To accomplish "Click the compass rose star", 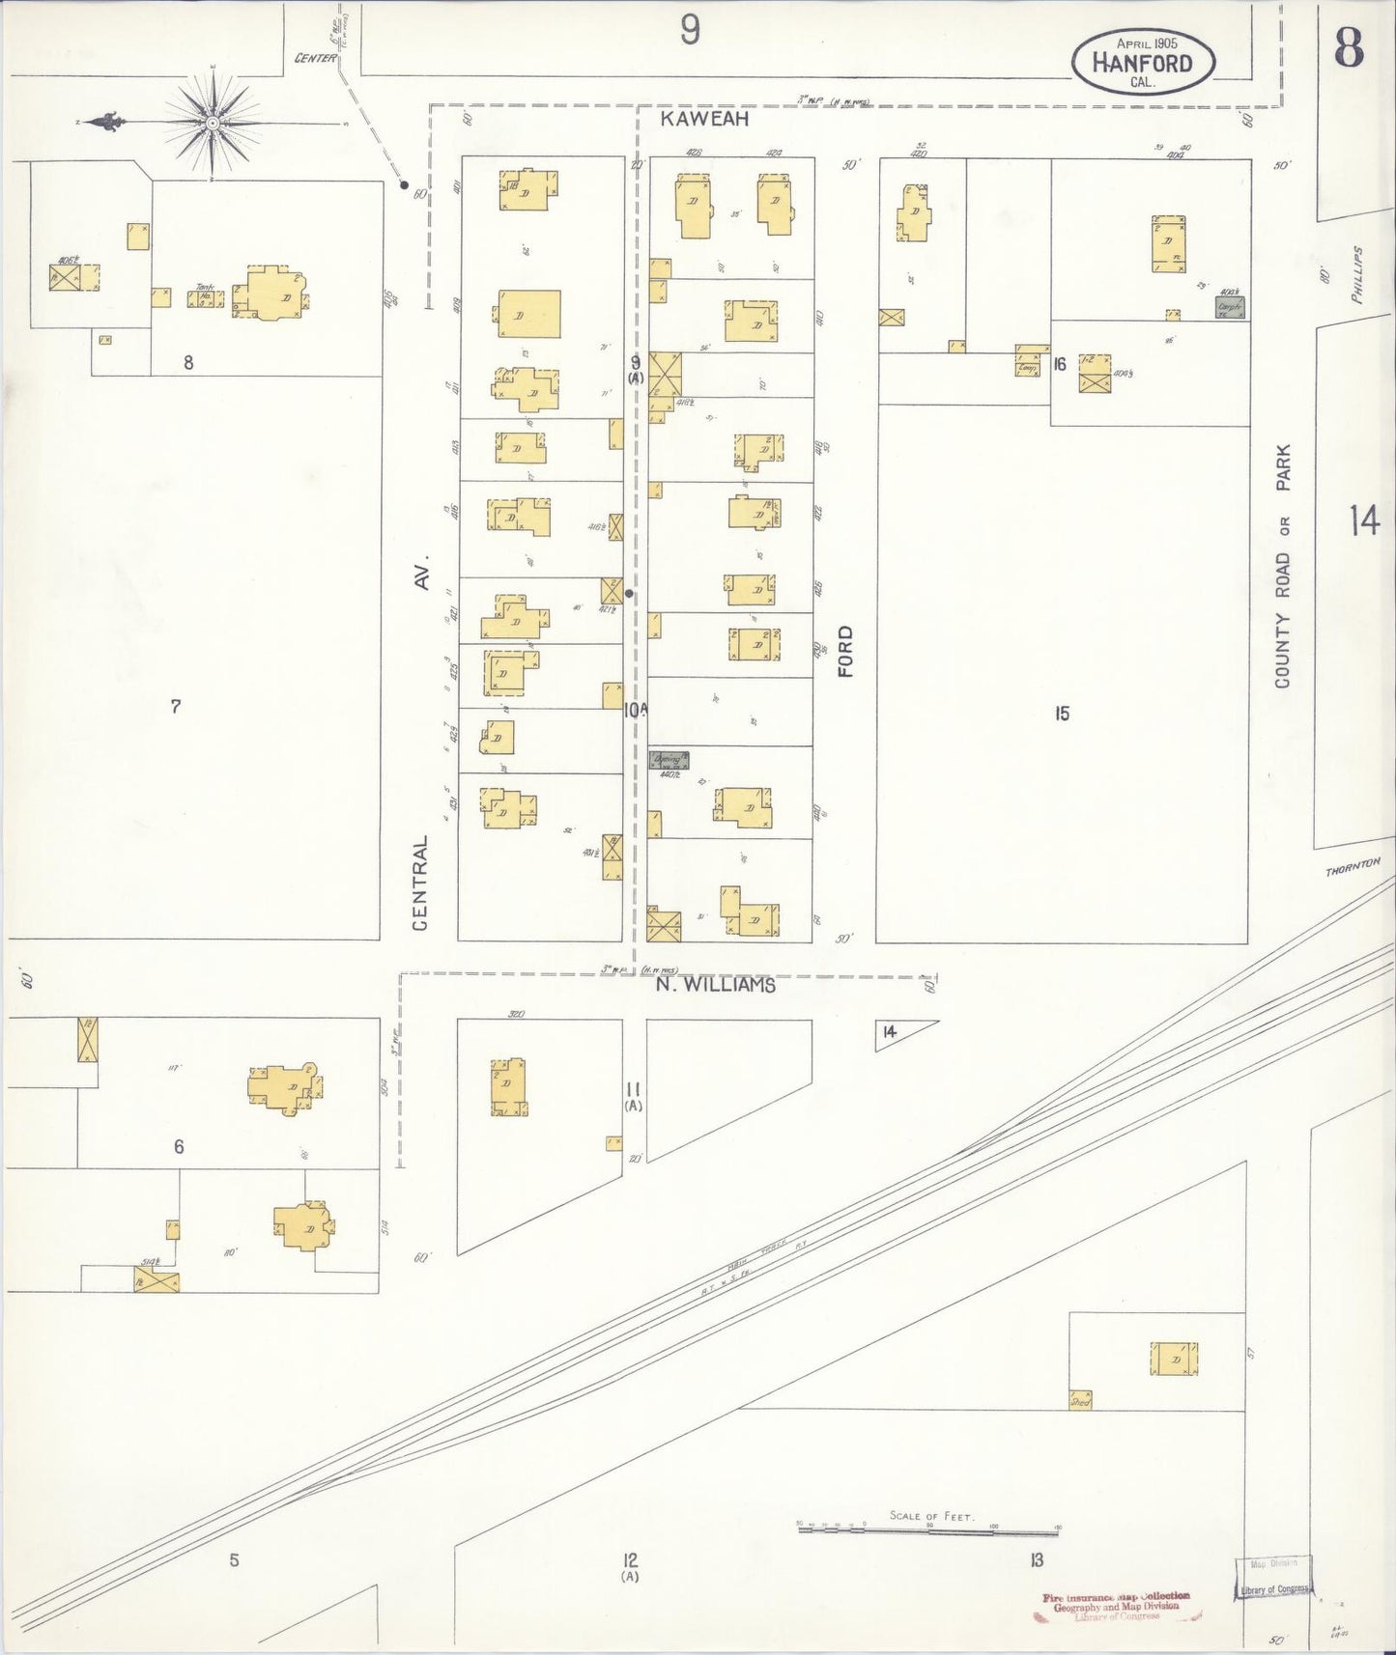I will click(212, 125).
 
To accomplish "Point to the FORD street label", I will click(845, 651).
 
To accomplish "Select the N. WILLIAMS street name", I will click(716, 986).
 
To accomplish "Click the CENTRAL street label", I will click(420, 884).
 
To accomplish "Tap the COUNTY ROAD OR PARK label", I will click(1283, 566).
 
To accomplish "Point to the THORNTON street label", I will click(1353, 869).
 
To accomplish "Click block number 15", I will click(1062, 715).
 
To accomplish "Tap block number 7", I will click(176, 707).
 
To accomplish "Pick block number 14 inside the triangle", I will click(889, 1032).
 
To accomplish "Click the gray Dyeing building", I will click(669, 760).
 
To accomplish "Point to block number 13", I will click(1037, 1559).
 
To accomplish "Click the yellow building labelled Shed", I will click(1080, 1399).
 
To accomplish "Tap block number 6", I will click(179, 1147).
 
